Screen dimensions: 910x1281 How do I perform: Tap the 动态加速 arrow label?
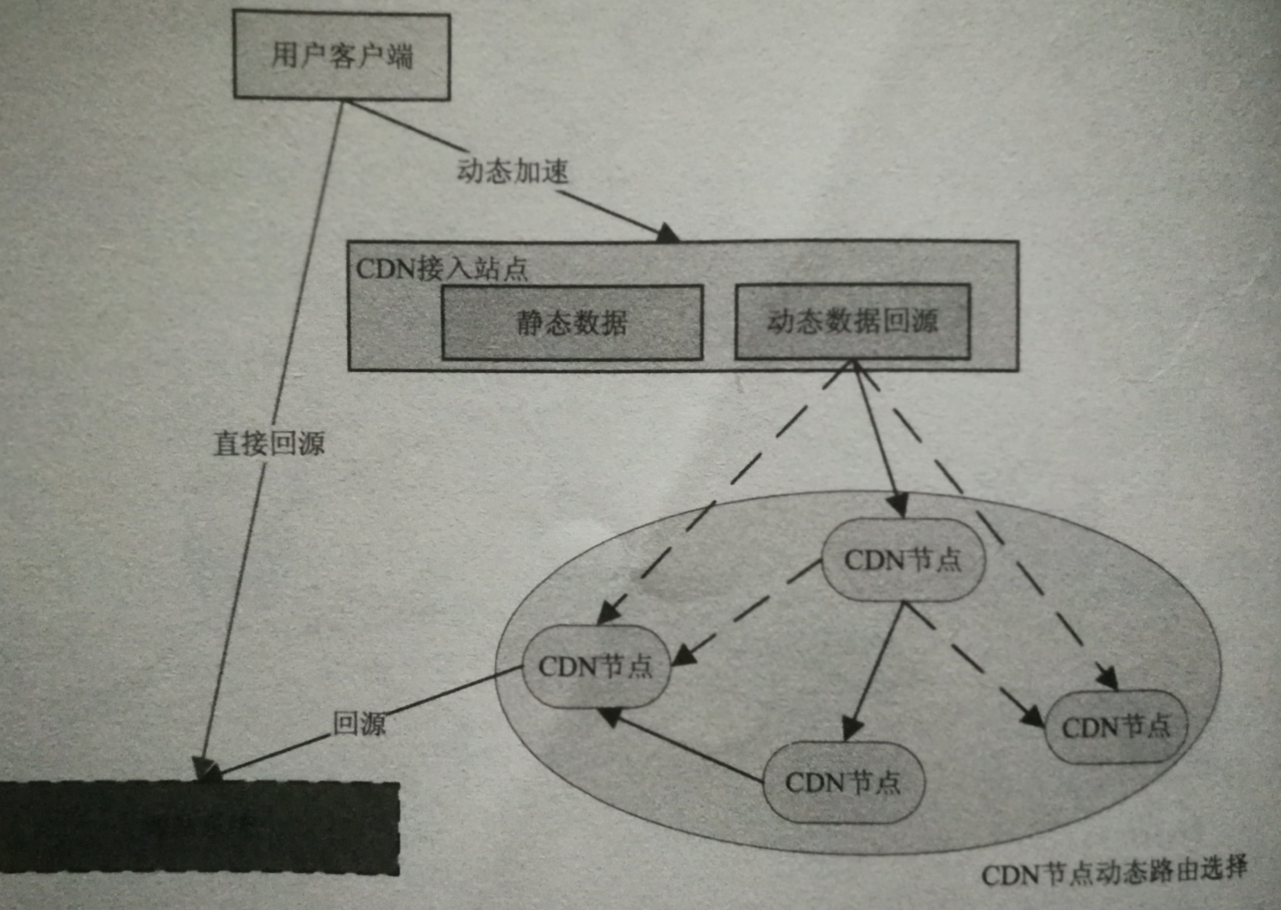513,171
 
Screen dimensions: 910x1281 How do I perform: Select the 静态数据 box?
572,323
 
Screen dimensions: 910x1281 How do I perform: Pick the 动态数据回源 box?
852,321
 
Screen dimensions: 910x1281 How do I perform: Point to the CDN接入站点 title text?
442,269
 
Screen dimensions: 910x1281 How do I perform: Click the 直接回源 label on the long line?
269,444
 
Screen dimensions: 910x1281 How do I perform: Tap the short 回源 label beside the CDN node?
359,723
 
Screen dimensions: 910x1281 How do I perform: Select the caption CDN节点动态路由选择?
1114,872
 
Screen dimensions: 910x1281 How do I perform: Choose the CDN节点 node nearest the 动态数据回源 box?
903,560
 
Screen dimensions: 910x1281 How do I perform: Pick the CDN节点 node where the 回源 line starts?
596,666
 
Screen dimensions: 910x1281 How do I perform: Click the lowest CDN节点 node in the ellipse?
843,782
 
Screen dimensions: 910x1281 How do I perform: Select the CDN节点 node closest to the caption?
1116,726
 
